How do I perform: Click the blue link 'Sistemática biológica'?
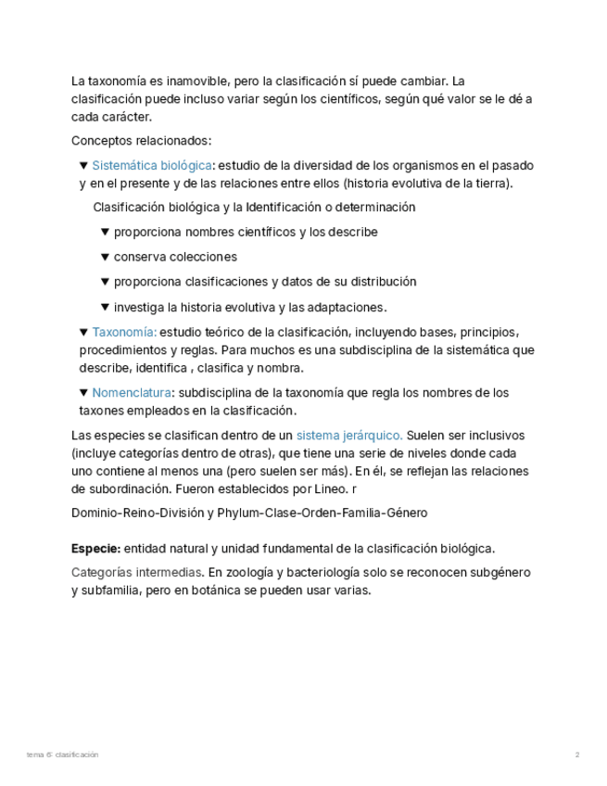tap(152, 166)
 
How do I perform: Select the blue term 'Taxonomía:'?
tap(125, 333)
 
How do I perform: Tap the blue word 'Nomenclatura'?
tap(132, 393)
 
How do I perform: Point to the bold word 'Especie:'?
tap(95, 549)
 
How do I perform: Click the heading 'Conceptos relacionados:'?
tap(142, 141)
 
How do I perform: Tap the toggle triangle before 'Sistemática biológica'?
tap(84, 166)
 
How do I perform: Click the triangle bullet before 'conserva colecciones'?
tap(106, 257)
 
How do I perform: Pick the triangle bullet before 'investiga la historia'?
tap(106, 307)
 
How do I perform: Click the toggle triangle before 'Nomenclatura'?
tap(84, 393)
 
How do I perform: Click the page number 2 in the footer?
tap(577, 755)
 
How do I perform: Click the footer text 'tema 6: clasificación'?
tap(63, 755)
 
